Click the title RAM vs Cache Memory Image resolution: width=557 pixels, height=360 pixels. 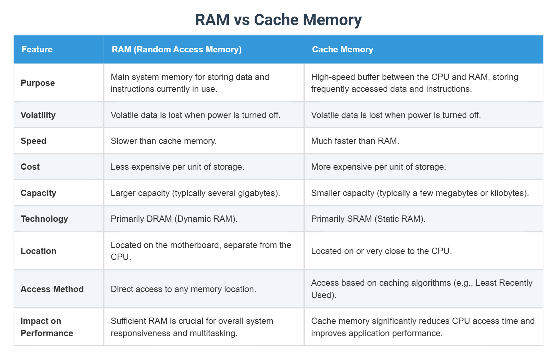tap(278, 20)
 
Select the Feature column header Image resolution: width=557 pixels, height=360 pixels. tap(37, 49)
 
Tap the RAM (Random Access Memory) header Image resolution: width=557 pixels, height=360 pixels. tap(176, 49)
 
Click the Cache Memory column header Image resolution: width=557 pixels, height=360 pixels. tap(342, 49)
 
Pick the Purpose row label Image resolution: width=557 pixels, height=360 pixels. tap(38, 83)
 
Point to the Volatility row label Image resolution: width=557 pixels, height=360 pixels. tap(38, 115)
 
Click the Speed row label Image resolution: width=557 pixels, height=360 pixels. tap(33, 141)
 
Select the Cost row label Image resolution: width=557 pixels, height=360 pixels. tap(30, 167)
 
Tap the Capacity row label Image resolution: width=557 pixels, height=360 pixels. tap(38, 193)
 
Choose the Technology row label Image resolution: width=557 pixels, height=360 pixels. tap(44, 219)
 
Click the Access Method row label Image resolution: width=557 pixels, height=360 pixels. tap(52, 289)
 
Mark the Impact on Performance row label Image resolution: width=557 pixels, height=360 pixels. tap(47, 327)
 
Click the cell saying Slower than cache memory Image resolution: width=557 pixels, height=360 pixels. tap(163, 141)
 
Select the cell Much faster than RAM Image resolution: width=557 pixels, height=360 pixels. tap(355, 141)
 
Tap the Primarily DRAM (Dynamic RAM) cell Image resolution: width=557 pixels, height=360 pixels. tap(174, 219)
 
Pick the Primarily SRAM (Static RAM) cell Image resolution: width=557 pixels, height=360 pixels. tap(368, 219)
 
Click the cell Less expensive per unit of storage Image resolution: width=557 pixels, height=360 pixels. tap(177, 167)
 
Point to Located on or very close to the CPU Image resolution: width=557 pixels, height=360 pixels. tap(381, 251)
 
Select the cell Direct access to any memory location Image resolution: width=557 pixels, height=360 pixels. tap(183, 289)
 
